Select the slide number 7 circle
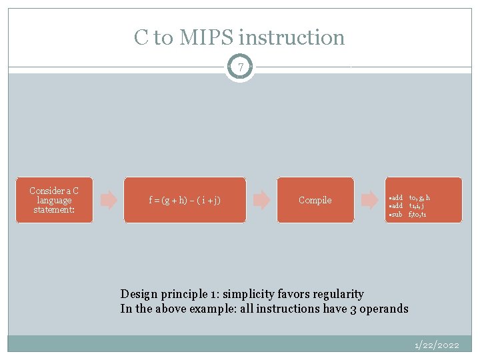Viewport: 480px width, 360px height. (x=240, y=67)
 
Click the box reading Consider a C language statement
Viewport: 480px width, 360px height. (x=54, y=200)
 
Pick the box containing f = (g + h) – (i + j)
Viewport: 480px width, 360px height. (x=185, y=200)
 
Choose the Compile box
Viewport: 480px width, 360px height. (x=315, y=200)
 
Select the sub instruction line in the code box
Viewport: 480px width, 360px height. (x=409, y=215)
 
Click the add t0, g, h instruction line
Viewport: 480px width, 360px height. (x=410, y=198)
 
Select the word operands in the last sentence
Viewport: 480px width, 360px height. (x=384, y=309)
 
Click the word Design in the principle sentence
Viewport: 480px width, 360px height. (x=138, y=294)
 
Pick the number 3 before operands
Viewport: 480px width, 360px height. (x=353, y=309)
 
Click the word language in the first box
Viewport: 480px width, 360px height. (x=54, y=200)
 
